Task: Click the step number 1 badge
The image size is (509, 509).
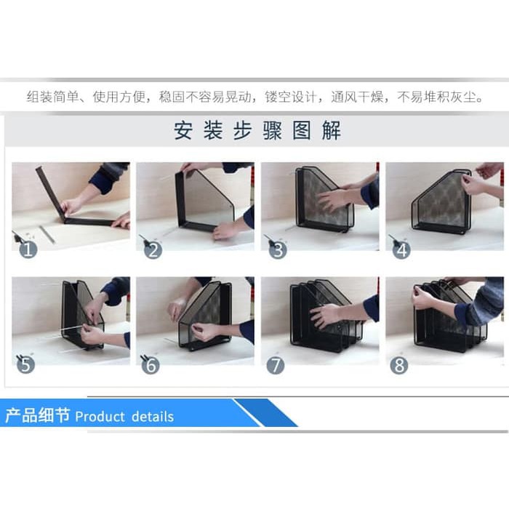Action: pos(28,249)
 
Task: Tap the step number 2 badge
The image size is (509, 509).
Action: pos(153,250)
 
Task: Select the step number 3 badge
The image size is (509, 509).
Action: pos(278,250)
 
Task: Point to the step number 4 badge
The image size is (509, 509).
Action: pos(402,250)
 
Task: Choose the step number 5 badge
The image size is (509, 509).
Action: pos(25,365)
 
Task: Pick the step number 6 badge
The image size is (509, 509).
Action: pos(151,365)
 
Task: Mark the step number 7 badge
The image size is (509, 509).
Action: pos(276,365)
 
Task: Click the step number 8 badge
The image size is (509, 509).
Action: pos(399,365)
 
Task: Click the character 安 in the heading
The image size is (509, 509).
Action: pos(183,130)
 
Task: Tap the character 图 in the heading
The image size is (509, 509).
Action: pos(302,130)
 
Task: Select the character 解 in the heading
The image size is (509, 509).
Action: pos(332,130)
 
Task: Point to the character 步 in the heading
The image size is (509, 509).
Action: pos(242,130)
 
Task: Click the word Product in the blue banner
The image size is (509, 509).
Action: pos(100,417)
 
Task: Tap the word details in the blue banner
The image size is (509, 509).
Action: pos(153,417)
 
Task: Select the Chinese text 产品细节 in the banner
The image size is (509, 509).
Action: pos(38,415)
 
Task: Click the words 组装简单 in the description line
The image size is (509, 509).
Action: pos(53,97)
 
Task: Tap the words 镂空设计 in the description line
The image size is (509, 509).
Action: pos(291,97)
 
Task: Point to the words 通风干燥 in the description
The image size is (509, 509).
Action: pos(357,97)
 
